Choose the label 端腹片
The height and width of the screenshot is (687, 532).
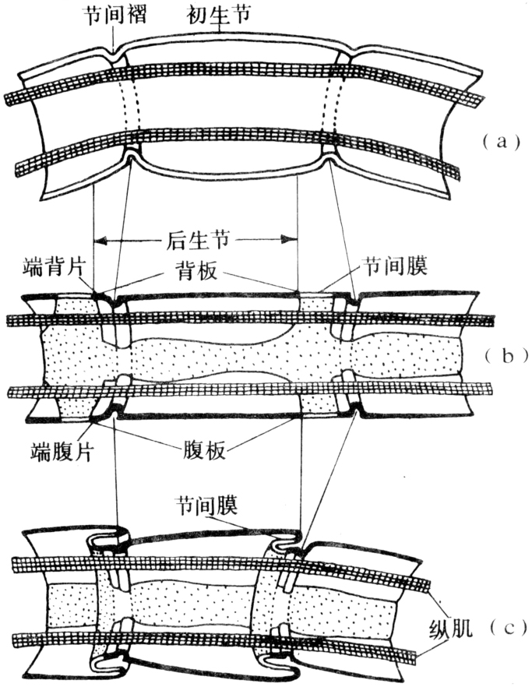[55, 452]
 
